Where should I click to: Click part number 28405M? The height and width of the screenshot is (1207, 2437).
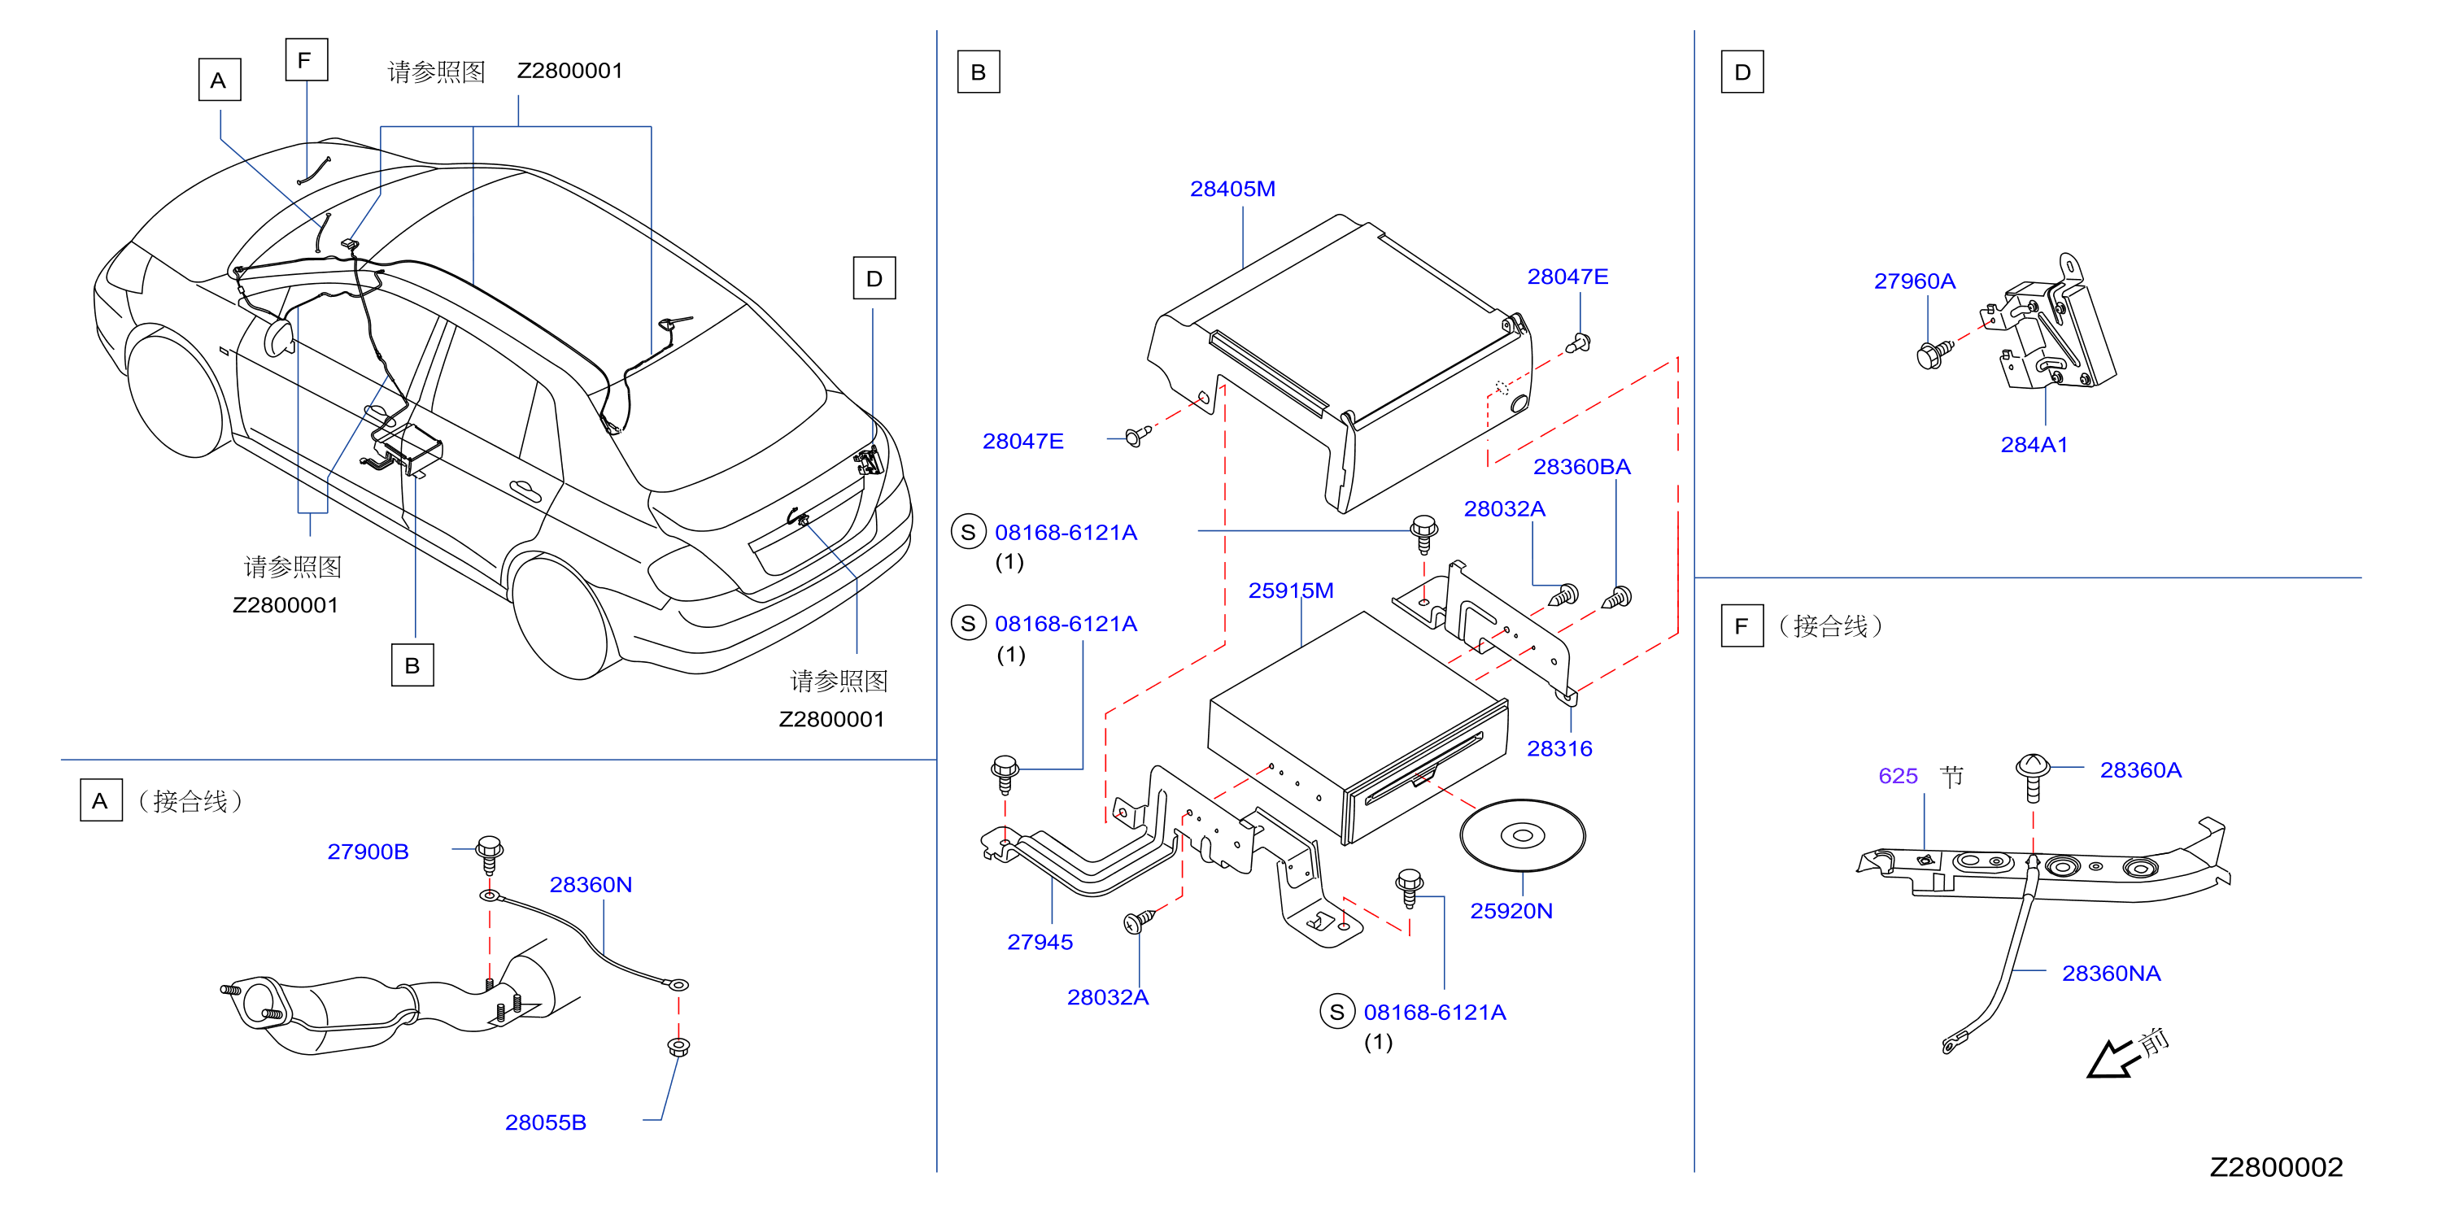tap(1232, 190)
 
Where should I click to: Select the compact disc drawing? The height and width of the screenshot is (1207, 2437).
tap(1522, 835)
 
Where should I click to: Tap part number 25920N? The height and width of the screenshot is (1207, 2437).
tap(1511, 911)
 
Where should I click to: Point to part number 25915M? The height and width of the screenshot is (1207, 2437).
tap(1290, 590)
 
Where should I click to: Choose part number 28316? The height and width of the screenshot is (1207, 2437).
tap(1559, 748)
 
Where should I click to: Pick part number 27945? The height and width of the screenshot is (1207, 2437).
tap(1040, 942)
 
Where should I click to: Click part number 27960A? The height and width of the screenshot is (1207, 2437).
tap(1914, 281)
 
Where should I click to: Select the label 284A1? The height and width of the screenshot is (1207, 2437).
tap(2034, 445)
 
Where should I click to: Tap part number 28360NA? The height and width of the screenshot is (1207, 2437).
tap(2111, 974)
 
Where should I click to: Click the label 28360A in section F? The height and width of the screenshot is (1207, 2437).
tap(2140, 770)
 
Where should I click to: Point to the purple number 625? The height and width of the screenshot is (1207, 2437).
tap(1898, 776)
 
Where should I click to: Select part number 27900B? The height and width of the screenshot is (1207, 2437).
tap(368, 852)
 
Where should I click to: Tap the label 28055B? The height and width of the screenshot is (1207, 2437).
tap(545, 1122)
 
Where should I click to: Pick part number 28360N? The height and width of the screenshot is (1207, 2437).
tap(591, 884)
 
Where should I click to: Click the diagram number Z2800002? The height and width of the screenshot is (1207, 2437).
tap(2275, 1167)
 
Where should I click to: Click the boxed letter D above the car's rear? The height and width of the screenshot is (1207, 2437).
tap(874, 278)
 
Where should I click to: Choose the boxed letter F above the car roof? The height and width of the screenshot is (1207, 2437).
tap(307, 59)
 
